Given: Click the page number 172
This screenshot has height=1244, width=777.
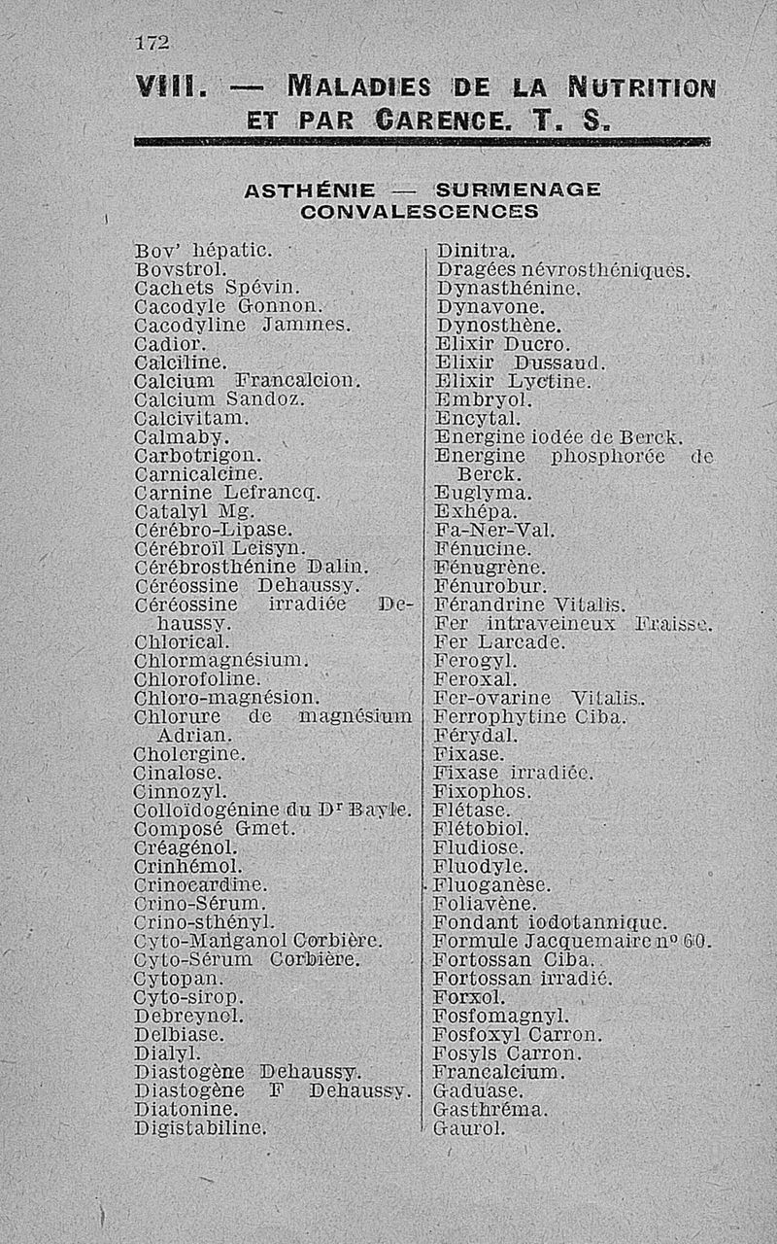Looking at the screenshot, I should pos(152,43).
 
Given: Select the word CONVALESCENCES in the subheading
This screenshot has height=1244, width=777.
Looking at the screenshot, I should pos(420,210).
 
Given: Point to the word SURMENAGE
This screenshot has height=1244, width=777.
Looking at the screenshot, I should pos(519,189).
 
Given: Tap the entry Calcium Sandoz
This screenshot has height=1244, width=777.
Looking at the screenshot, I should pos(219,398).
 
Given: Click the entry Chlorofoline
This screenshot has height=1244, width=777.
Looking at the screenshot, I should pos(197,679).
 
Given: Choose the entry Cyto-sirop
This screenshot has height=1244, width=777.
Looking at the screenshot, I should pos(187,997).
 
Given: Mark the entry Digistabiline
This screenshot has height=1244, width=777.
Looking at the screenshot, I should pos(200,1128).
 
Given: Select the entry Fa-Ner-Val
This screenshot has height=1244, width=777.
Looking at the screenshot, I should pos(493,531).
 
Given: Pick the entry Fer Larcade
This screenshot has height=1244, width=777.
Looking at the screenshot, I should pos(499,642).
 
